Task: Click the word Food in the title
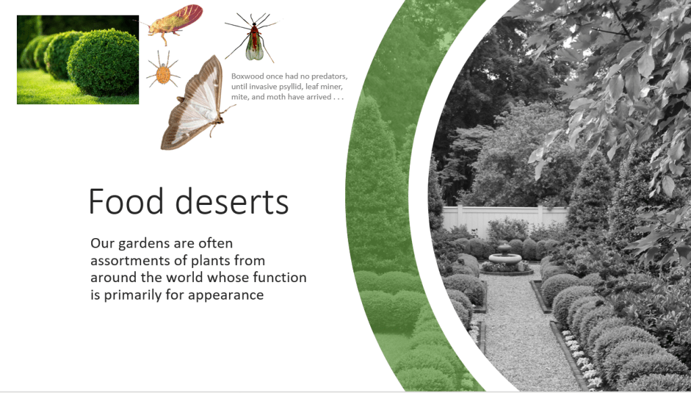click(126, 201)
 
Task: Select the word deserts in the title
click(232, 201)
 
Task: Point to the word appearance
click(226, 295)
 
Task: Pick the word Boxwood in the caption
click(247, 76)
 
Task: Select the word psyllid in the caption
click(291, 87)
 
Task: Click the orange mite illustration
click(163, 72)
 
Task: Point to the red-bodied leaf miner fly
click(253, 40)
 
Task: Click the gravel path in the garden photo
click(518, 331)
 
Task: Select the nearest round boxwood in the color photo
click(103, 63)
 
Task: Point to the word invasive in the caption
click(263, 87)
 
